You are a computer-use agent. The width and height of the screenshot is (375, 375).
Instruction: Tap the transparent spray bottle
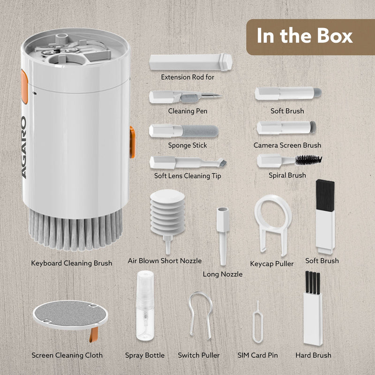[145, 306]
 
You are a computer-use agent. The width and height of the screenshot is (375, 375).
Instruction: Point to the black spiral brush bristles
[309, 160]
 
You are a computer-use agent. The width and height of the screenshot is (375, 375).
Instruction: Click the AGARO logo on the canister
[24, 147]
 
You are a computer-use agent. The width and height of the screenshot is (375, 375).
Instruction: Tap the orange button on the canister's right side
[132, 142]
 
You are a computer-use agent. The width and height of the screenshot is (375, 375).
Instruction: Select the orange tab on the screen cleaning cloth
[94, 335]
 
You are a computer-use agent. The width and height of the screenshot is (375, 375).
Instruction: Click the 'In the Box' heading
[304, 36]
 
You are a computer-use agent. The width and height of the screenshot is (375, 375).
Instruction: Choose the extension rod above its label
[191, 62]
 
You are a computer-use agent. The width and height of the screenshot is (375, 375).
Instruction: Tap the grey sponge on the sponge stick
[200, 131]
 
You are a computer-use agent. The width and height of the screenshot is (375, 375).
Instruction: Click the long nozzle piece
[223, 236]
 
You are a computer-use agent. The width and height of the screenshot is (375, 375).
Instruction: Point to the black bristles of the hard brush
[313, 283]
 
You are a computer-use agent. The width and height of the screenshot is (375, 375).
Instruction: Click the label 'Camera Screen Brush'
[287, 145]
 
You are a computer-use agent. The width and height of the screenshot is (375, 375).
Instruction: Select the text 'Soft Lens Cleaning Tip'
[187, 176]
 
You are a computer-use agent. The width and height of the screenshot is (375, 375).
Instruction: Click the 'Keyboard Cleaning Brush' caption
[72, 263]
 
